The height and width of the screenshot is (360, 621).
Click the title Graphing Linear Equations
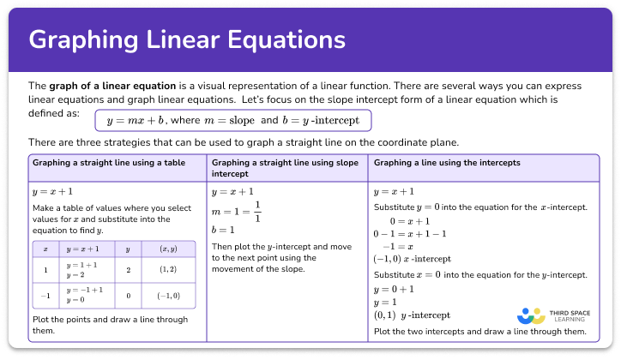click(x=187, y=41)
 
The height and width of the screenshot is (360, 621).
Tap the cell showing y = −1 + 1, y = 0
click(x=85, y=295)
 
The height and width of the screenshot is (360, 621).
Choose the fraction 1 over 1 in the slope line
click(x=257, y=212)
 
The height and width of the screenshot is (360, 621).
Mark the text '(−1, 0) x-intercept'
click(x=413, y=258)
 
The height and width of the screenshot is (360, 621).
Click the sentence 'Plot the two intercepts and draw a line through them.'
click(x=480, y=331)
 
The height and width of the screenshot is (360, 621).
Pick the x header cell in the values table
click(x=45, y=249)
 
